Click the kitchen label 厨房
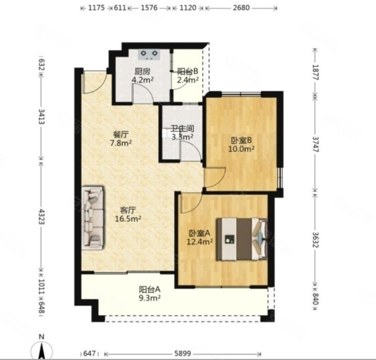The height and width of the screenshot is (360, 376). pyautogui.click(x=142, y=71)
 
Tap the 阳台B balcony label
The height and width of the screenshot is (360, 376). pyautogui.click(x=188, y=71)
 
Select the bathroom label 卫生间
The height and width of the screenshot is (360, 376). pyautogui.click(x=182, y=129)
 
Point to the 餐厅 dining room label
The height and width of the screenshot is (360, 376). pyautogui.click(x=121, y=134)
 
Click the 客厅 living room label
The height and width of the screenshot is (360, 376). pyautogui.click(x=128, y=211)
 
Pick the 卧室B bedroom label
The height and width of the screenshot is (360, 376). pyautogui.click(x=241, y=140)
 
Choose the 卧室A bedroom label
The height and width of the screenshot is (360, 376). pyautogui.click(x=200, y=233)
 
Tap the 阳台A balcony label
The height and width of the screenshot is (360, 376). pyautogui.click(x=150, y=289)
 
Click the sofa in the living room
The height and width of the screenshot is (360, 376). pyautogui.click(x=93, y=217)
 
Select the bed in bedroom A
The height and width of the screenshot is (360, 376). pyautogui.click(x=242, y=239)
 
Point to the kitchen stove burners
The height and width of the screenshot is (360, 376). pyautogui.click(x=149, y=54)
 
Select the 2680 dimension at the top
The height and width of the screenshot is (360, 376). pyautogui.click(x=241, y=7)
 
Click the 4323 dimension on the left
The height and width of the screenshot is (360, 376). pyautogui.click(x=42, y=216)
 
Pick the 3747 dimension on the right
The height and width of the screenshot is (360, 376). pyautogui.click(x=315, y=145)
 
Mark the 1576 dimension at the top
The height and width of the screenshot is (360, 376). pyautogui.click(x=149, y=7)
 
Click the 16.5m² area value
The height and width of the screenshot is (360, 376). pyautogui.click(x=128, y=219)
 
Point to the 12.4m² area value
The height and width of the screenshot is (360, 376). pyautogui.click(x=200, y=241)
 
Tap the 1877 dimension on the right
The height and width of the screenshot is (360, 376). pyautogui.click(x=315, y=72)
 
